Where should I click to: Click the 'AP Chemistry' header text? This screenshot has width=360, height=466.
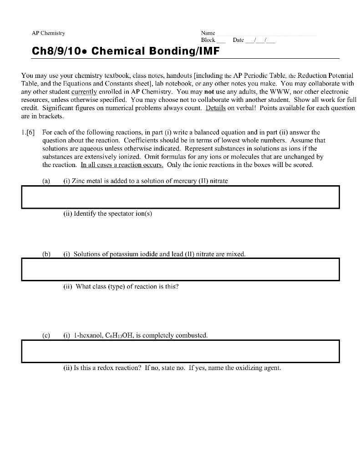[48, 33]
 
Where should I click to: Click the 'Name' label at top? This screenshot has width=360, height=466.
[208, 33]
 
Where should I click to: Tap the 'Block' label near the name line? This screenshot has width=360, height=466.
[208, 40]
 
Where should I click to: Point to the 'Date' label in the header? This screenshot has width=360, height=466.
[238, 40]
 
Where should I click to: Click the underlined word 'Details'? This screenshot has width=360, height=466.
[216, 108]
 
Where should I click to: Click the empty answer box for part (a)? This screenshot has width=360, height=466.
[180, 197]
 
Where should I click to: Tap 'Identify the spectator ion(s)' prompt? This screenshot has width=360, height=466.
[107, 213]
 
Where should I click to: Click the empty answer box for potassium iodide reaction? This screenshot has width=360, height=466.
[180, 269]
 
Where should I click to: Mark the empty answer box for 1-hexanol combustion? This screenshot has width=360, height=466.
[180, 351]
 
